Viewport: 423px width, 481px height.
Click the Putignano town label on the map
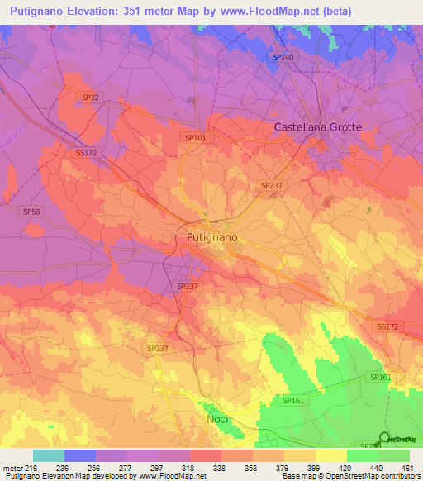coord(207,237)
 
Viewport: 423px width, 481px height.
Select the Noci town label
coord(216,419)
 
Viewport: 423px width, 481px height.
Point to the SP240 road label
coord(283,57)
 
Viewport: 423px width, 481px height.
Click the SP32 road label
coord(91,98)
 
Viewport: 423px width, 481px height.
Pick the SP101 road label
coord(196,138)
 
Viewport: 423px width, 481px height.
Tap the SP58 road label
coord(31,212)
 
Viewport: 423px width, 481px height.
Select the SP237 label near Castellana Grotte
coord(270,186)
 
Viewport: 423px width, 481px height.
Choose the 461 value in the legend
coord(407,468)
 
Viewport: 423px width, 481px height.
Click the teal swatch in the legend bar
coord(49,455)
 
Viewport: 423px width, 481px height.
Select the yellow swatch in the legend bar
coord(331,455)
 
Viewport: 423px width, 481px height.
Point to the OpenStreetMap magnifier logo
coord(383,437)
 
